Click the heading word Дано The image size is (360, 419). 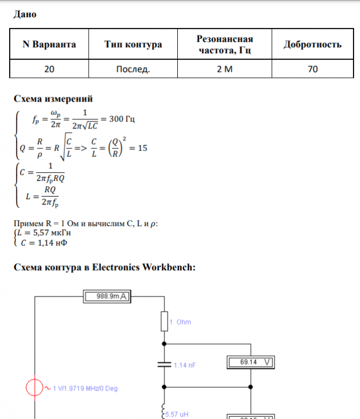(x=24, y=15)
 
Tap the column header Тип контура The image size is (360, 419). (x=133, y=45)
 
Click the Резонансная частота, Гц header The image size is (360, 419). (x=224, y=45)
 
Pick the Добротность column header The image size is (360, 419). (x=312, y=45)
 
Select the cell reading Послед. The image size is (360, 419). (x=133, y=69)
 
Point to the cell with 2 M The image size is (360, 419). (x=224, y=69)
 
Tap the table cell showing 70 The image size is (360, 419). (x=312, y=69)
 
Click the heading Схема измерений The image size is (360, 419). (x=53, y=99)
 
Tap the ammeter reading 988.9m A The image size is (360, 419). (x=111, y=296)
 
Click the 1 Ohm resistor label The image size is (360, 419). (x=180, y=322)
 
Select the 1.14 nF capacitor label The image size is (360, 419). (x=184, y=365)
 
